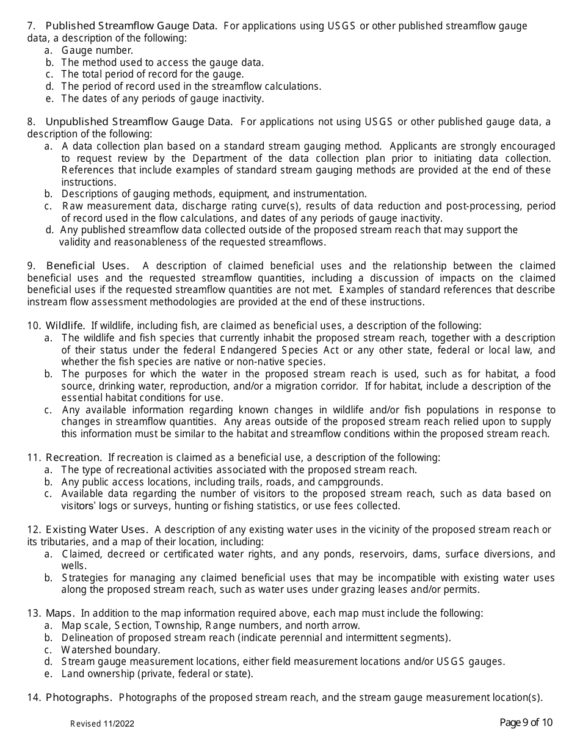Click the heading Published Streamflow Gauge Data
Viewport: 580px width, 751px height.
(x=131, y=26)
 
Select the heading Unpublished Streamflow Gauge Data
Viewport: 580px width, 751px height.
(x=139, y=122)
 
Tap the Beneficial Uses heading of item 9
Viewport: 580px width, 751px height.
(x=87, y=266)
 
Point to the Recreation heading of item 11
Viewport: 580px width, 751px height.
(x=74, y=457)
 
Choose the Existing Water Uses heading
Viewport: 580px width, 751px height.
(x=97, y=529)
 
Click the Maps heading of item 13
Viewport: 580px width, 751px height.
(x=60, y=613)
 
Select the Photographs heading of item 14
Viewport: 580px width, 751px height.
(x=79, y=697)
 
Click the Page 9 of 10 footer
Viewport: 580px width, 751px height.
(x=526, y=723)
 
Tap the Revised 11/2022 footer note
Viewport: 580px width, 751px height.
(x=102, y=724)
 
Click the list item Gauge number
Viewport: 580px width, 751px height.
(x=97, y=50)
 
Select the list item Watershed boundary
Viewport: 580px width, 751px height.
(x=111, y=650)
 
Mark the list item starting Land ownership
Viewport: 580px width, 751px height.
(x=157, y=674)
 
